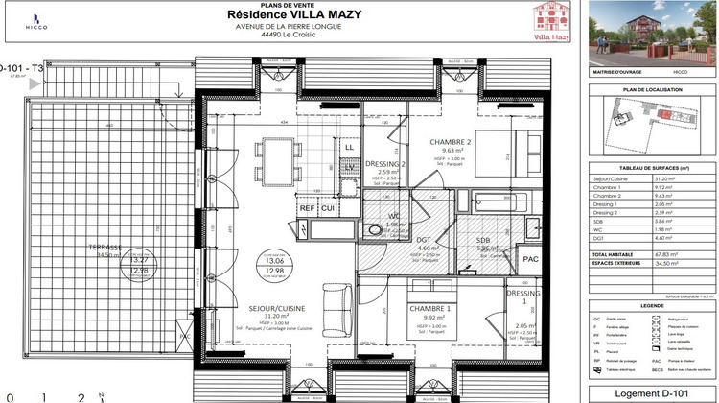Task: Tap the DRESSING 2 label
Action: (x=384, y=163)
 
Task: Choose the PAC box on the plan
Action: (x=528, y=259)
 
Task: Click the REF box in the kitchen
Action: (x=308, y=208)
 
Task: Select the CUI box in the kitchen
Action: (x=328, y=208)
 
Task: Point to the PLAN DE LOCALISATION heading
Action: (x=652, y=89)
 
